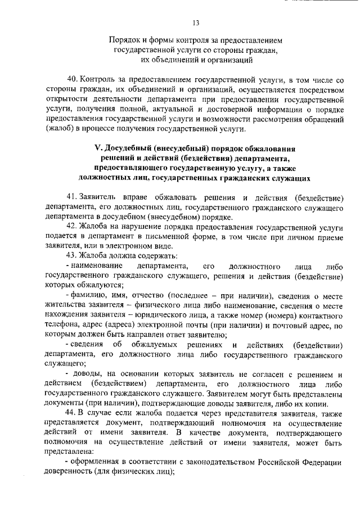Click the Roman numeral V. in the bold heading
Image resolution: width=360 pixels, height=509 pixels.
[x=97, y=148]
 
